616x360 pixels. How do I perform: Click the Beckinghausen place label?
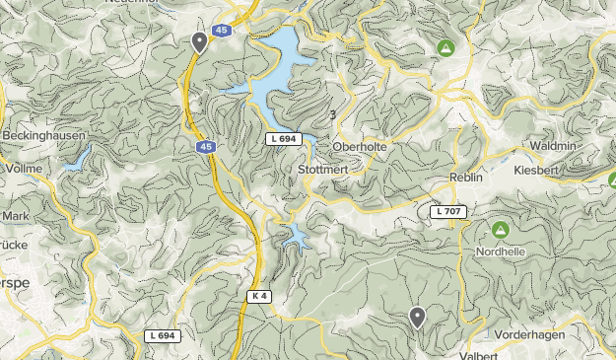tap(43, 135)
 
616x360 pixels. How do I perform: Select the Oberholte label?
tap(360, 147)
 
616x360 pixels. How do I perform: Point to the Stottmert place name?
tap(322, 170)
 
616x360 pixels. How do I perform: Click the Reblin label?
tap(465, 176)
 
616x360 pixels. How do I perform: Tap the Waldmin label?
tap(553, 145)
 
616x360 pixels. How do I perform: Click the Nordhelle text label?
tap(501, 251)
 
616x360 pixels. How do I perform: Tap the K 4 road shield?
tap(259, 296)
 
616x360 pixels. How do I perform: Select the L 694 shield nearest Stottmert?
tap(282, 140)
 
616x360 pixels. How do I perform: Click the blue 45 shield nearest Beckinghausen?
tap(203, 147)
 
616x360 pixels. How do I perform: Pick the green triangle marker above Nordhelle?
tap(500, 231)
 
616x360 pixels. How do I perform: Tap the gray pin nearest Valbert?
tap(418, 317)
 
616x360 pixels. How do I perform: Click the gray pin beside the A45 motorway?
tap(199, 41)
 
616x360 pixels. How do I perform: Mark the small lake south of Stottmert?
tap(295, 235)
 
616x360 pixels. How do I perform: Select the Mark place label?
tap(16, 215)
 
